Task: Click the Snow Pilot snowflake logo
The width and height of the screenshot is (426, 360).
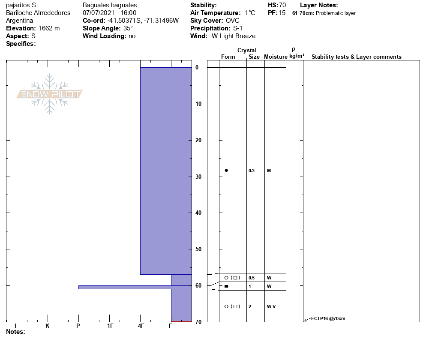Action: (49, 94)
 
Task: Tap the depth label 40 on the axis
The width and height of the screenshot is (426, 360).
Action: (198, 213)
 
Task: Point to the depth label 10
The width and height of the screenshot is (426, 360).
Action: (198, 104)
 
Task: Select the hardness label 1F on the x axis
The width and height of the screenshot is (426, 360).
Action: (110, 326)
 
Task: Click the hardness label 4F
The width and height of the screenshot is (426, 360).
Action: (141, 326)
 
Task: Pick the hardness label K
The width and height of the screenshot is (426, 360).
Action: (48, 326)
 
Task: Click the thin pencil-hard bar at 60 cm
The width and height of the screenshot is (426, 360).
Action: (135, 287)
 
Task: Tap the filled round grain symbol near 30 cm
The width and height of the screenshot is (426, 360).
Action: (226, 170)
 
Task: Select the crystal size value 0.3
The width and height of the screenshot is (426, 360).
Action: (252, 171)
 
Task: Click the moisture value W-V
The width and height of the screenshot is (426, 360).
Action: (271, 306)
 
